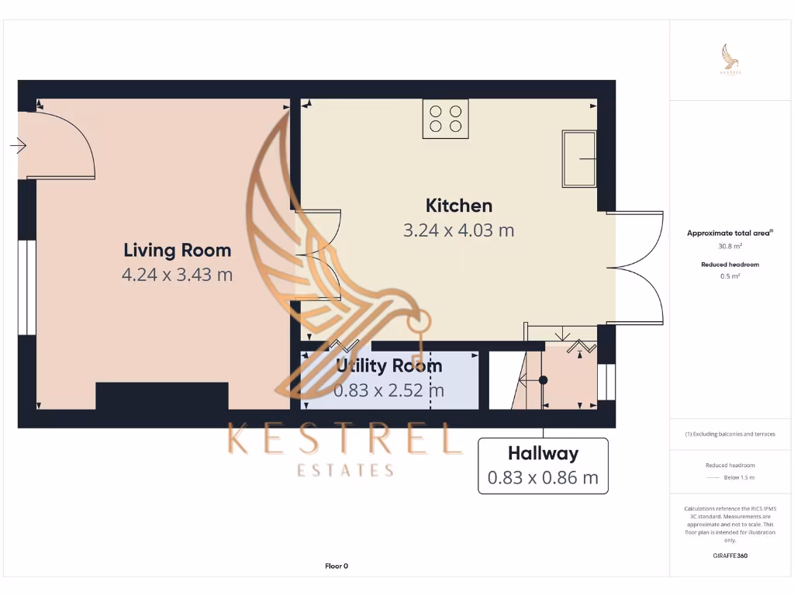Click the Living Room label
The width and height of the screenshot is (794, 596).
pyautogui.click(x=177, y=250)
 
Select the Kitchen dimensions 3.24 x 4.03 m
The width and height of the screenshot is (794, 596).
pyautogui.click(x=458, y=230)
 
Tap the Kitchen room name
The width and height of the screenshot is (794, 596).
pyautogui.click(x=458, y=206)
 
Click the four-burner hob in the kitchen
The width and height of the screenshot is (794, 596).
pyautogui.click(x=445, y=119)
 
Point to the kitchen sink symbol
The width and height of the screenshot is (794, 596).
pyautogui.click(x=578, y=159)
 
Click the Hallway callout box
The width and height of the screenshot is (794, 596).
pyautogui.click(x=543, y=466)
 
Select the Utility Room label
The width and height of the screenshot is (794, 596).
pyautogui.click(x=389, y=366)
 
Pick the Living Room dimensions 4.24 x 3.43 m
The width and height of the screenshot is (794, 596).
pyautogui.click(x=177, y=274)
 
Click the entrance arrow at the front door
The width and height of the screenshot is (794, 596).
pyautogui.click(x=19, y=145)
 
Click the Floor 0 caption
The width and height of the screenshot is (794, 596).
pyautogui.click(x=337, y=567)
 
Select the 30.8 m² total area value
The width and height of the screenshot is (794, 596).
pyautogui.click(x=731, y=246)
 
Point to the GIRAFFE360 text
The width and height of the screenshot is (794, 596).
pyautogui.click(x=731, y=556)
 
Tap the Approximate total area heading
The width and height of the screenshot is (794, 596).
pyautogui.click(x=730, y=233)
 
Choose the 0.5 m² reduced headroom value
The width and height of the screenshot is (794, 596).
pyautogui.click(x=731, y=275)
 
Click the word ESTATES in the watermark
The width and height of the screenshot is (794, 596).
pyautogui.click(x=346, y=470)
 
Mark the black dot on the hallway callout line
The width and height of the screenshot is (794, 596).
pyautogui.click(x=543, y=380)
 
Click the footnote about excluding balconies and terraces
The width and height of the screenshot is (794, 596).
pyautogui.click(x=731, y=434)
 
